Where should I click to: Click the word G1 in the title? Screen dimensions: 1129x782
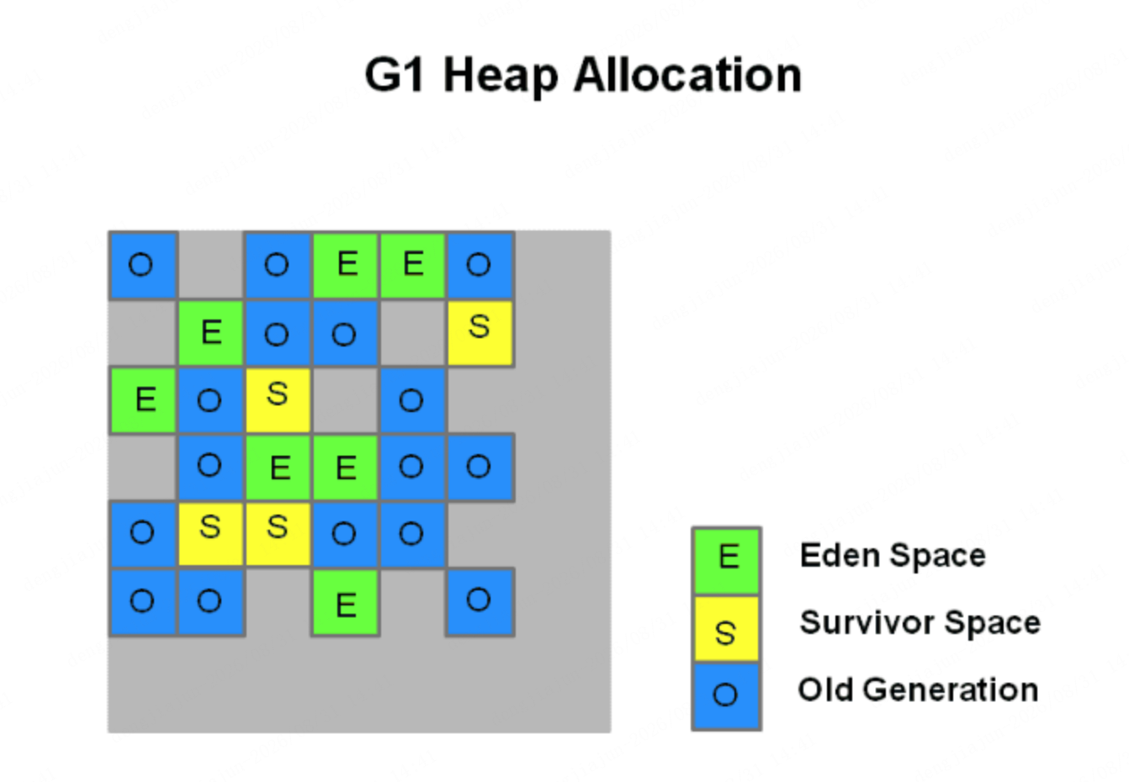coord(394,75)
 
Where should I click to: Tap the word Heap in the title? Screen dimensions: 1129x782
coord(501,76)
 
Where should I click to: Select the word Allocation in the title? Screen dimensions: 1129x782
coord(687,75)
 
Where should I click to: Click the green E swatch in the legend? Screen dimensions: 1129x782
coord(726,560)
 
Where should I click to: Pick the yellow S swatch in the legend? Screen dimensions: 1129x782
coord(726,628)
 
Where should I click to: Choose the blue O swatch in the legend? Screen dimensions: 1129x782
coord(726,696)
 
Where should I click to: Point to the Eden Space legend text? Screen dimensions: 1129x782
coord(893,556)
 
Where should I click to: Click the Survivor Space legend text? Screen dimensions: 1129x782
coord(920,623)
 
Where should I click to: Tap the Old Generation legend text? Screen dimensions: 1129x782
coord(918,690)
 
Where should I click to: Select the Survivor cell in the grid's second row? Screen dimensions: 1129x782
coord(480,333)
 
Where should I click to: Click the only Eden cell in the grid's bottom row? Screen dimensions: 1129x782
coord(345,603)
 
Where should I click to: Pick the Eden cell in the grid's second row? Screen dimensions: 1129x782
coord(210,333)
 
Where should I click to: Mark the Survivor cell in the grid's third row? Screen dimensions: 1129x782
coord(278,400)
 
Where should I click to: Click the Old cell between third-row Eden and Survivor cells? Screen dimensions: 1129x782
coord(210,400)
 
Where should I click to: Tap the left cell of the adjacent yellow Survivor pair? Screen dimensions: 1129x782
coord(210,535)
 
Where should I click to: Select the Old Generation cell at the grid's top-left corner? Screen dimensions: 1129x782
coord(144,266)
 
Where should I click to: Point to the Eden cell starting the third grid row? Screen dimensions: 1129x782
coord(144,400)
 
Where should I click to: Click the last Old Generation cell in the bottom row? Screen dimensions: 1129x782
coord(480,603)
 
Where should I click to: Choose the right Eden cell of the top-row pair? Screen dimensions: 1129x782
coord(413,266)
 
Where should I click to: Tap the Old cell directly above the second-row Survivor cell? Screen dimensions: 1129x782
coord(480,266)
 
